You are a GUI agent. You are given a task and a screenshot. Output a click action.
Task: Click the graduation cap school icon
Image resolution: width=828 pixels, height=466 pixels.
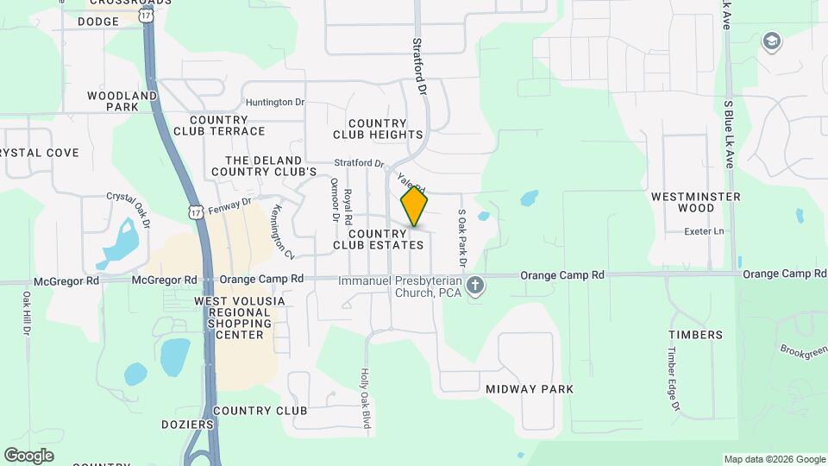point(770,41)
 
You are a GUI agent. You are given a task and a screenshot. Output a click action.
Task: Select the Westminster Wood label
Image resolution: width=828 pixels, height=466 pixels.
point(696,202)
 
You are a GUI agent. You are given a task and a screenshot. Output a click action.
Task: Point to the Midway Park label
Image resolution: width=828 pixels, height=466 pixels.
point(530,389)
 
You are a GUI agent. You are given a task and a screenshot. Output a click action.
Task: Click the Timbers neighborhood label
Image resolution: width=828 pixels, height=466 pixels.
point(695,334)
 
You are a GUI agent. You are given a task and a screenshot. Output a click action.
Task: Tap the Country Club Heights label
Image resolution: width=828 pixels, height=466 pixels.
point(385,129)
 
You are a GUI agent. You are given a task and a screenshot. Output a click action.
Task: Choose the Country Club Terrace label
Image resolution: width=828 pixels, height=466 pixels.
point(219,125)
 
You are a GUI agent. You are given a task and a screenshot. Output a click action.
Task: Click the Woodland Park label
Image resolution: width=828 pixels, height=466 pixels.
point(122,101)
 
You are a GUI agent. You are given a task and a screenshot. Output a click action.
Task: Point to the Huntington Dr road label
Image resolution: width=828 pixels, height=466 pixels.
point(275,102)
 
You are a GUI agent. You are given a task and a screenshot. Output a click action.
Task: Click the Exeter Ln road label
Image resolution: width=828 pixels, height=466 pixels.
point(705,232)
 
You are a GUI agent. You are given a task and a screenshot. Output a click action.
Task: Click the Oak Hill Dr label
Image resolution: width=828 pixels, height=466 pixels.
point(27,313)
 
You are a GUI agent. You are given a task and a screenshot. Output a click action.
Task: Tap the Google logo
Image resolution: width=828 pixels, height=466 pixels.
point(28,455)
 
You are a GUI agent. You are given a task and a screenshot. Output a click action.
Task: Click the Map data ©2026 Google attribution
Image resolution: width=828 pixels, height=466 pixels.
point(774,459)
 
